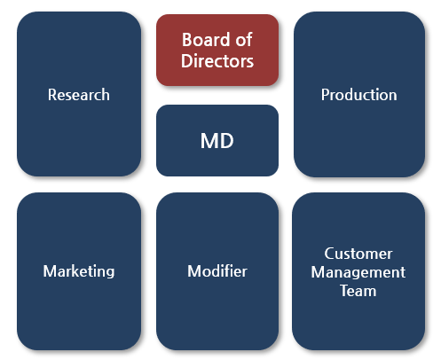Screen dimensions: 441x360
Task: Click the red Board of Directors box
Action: [x=217, y=50]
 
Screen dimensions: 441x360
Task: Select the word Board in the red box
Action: [x=206, y=40]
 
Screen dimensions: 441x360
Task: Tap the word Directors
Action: [x=217, y=61]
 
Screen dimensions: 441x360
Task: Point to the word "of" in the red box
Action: [x=244, y=39]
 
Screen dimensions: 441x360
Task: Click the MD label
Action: [x=217, y=141]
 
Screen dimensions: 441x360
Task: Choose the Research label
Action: [x=79, y=95]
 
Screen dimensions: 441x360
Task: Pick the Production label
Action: [x=359, y=95]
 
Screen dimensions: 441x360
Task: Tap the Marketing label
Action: [x=79, y=271]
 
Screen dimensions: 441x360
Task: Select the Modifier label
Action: [x=217, y=271]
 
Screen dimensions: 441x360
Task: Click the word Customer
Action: [x=358, y=254]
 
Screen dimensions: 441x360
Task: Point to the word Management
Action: [x=358, y=272]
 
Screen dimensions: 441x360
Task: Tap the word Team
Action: [x=358, y=291]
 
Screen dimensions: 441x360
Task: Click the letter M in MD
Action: [x=209, y=141]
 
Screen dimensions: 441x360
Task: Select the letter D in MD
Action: [x=227, y=141]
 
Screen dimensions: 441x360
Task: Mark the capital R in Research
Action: [x=52, y=95]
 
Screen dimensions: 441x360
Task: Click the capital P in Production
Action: [x=326, y=95]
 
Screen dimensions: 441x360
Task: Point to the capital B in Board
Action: [x=187, y=40]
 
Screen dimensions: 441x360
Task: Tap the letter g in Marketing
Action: [x=109, y=273]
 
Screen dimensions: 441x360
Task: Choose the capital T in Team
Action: [x=345, y=291]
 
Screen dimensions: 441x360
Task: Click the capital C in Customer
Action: [x=330, y=254]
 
